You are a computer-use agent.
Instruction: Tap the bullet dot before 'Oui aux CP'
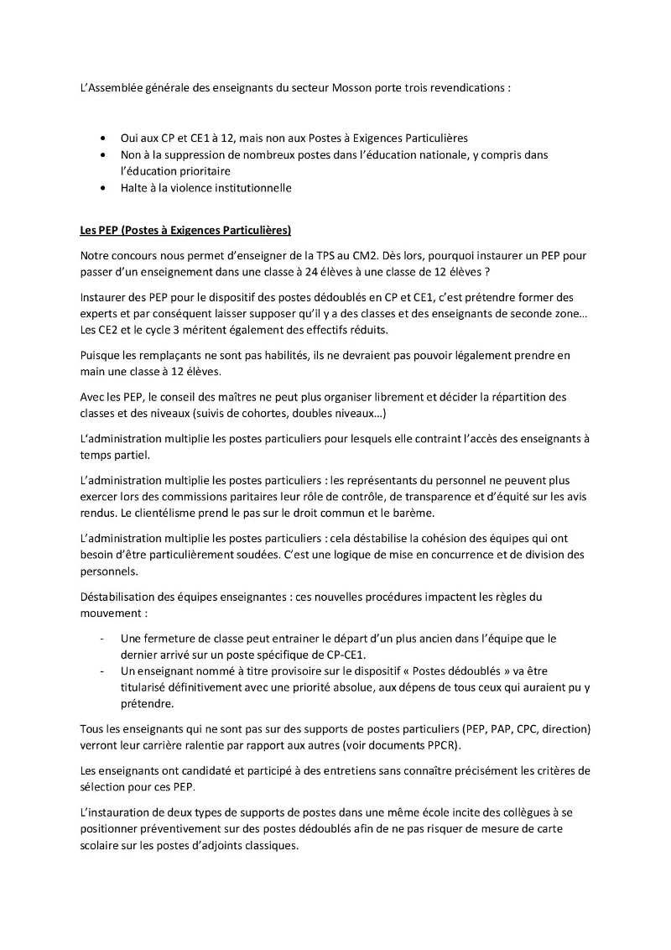[102, 138]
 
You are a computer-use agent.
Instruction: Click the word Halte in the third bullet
[135, 189]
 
